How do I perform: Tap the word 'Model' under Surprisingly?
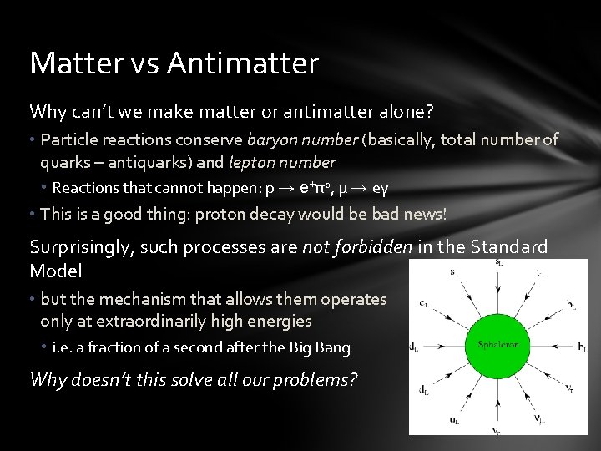point(55,271)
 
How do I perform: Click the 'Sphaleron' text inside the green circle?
point(498,345)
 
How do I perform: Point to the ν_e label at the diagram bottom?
point(497,431)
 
